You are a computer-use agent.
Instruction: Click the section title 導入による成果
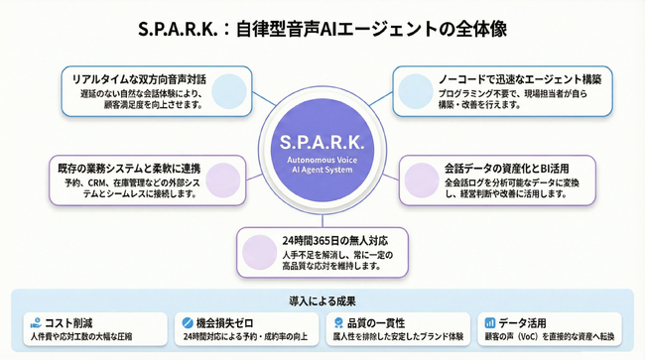322,300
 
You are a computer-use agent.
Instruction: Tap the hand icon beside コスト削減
36,322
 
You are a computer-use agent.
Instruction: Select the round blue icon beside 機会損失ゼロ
187,322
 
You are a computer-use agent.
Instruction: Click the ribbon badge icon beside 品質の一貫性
337,322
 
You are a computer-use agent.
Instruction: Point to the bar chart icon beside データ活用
488,322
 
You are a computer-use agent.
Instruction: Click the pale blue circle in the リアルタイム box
227,87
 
